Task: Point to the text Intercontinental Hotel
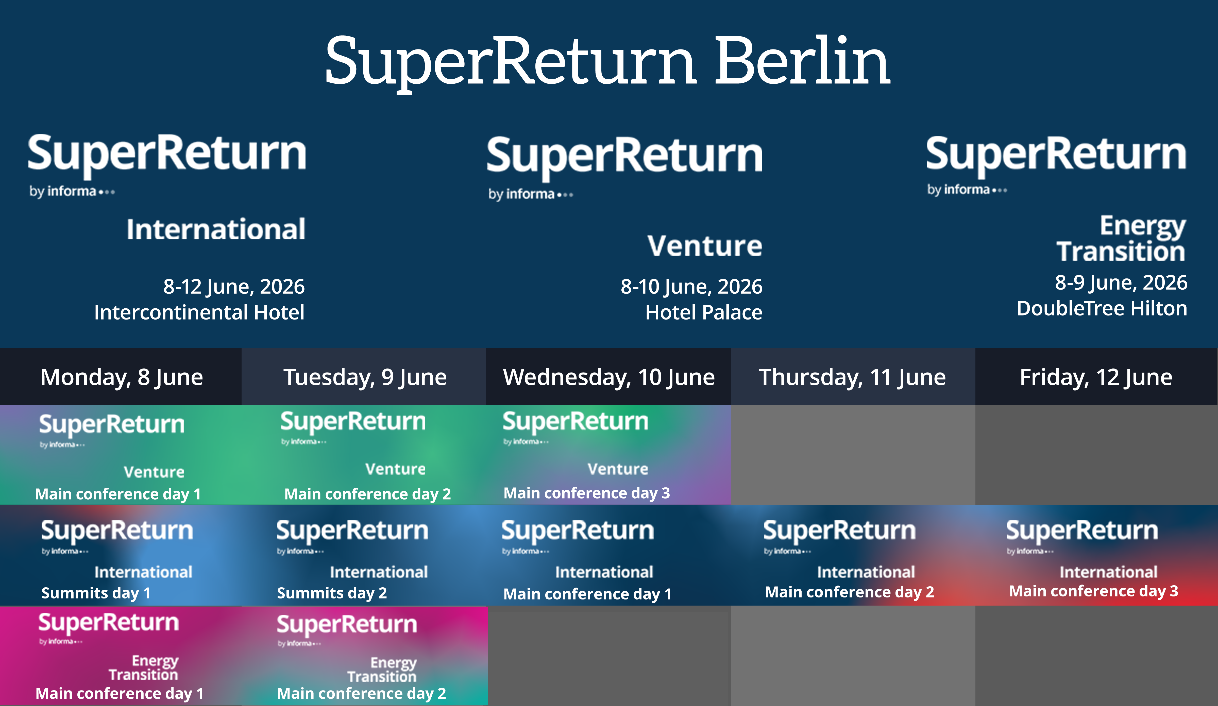point(199,312)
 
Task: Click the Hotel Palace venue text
point(704,312)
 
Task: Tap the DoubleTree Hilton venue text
point(1102,308)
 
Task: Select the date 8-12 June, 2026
point(234,286)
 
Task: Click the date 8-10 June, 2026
point(692,286)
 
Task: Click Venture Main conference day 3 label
point(587,493)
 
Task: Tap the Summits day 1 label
point(96,593)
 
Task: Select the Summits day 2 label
point(332,593)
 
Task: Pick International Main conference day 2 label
point(850,592)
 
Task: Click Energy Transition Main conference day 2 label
point(362,693)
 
